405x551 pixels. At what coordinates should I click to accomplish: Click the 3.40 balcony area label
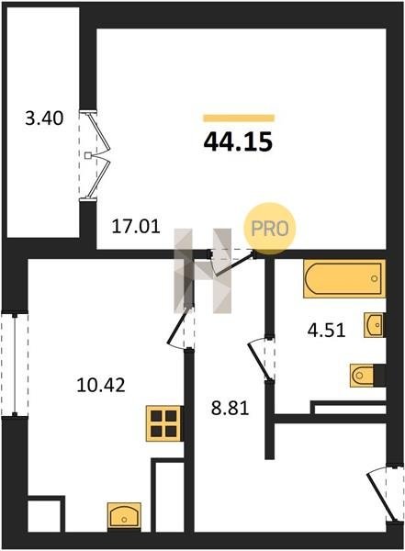(x=44, y=118)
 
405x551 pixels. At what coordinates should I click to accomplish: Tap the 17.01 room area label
(x=136, y=226)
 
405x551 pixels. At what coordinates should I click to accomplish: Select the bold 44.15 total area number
(x=238, y=142)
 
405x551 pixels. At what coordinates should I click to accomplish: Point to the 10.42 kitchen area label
(x=101, y=385)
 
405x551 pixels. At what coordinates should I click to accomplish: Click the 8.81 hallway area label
(x=230, y=409)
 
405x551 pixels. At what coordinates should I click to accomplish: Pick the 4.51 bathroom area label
(x=326, y=331)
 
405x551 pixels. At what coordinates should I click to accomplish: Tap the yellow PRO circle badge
(x=270, y=229)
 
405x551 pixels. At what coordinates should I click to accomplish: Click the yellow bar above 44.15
(x=239, y=118)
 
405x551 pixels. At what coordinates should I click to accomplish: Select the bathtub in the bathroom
(x=344, y=279)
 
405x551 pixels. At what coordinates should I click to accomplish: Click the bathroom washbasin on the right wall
(x=374, y=325)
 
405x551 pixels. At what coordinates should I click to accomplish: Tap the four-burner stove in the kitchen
(x=164, y=423)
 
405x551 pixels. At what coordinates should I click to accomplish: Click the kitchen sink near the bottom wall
(x=124, y=515)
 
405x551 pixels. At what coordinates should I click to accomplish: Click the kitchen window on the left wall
(x=15, y=365)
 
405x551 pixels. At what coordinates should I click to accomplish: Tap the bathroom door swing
(x=260, y=360)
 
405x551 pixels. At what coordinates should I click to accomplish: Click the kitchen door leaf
(x=180, y=325)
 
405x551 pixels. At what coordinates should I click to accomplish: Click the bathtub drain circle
(x=375, y=278)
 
